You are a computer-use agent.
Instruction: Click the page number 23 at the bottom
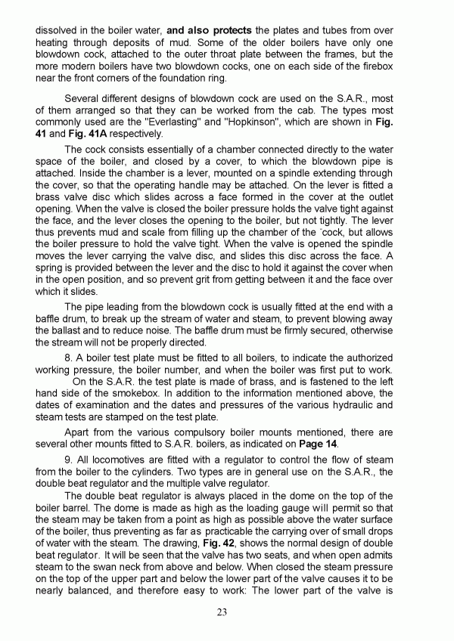tap(222, 612)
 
